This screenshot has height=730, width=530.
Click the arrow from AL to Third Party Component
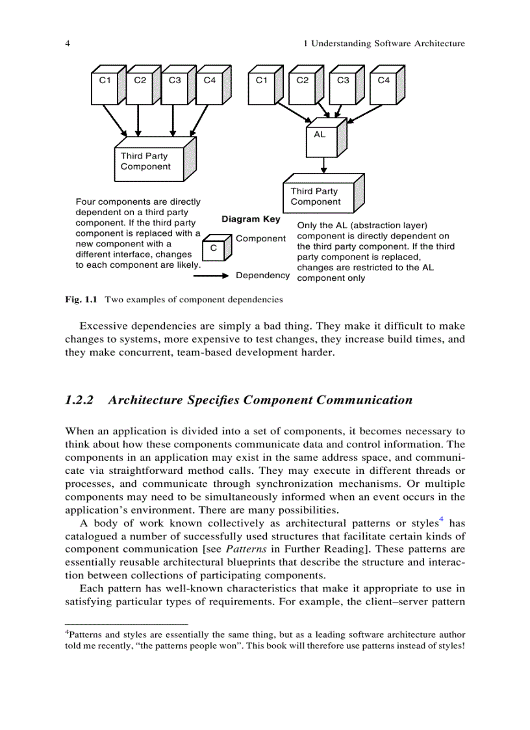(323, 167)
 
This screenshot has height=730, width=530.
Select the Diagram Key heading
(251, 220)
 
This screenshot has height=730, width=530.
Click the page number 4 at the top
(68, 44)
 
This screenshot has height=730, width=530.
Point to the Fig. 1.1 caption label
(81, 300)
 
